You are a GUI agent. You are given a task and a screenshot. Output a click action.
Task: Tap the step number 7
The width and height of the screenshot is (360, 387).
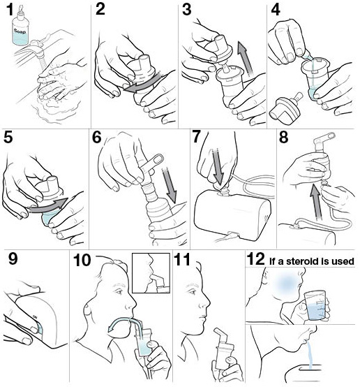(196, 137)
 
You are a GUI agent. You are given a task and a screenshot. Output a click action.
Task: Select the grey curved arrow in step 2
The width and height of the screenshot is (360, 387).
(142, 83)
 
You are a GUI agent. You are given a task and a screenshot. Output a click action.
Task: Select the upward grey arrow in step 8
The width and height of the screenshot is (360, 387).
(317, 201)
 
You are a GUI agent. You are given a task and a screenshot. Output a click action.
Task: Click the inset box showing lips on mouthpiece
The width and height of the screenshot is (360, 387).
(151, 273)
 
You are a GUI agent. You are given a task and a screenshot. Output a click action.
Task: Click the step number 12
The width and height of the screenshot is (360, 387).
(256, 259)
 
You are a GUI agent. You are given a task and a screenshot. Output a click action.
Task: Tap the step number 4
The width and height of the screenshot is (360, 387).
(276, 10)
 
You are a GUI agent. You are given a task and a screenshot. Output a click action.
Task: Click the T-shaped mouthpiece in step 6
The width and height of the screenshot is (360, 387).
(151, 168)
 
